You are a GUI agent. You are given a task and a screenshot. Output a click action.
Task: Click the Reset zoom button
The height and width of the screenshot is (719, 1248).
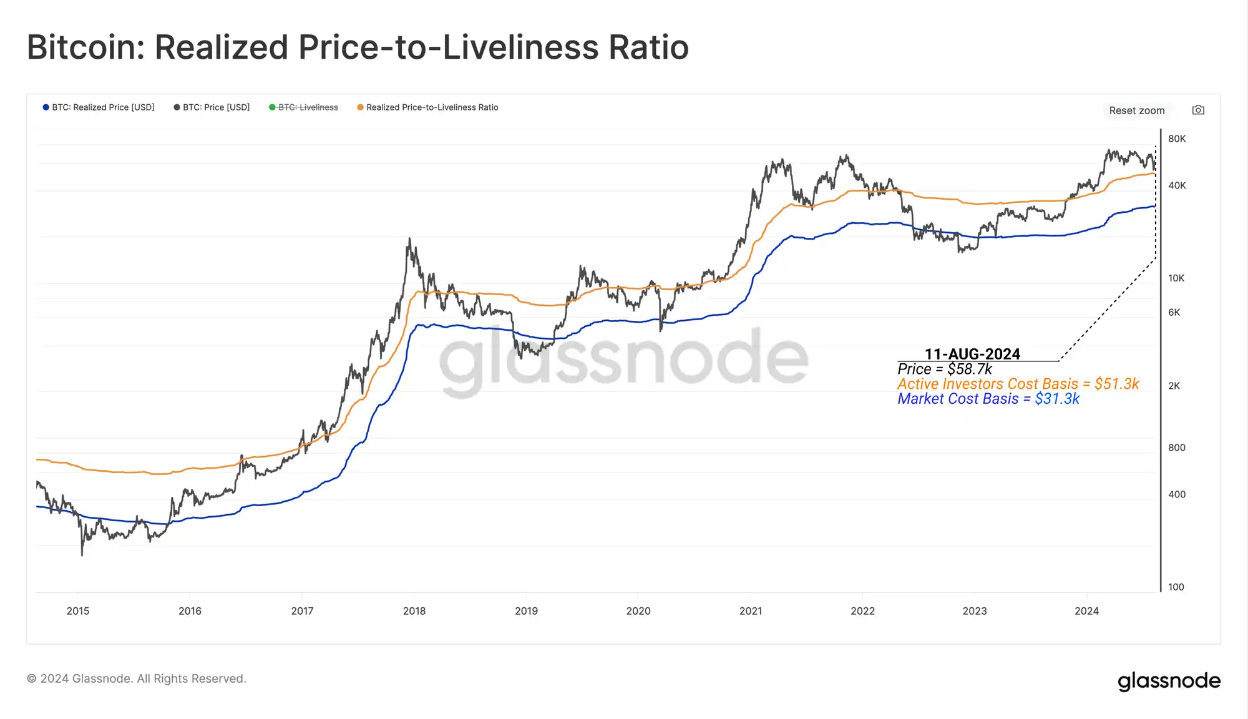pos(1136,110)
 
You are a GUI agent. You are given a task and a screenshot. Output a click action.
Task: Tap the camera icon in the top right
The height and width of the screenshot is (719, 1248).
pos(1198,110)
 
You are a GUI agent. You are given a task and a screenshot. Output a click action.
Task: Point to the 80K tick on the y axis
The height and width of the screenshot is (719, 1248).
pos(1177,139)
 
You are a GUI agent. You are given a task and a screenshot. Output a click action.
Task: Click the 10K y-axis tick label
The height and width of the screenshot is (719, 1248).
pos(1176,278)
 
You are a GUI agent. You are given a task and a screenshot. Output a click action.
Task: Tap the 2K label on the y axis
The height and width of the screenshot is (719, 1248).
pos(1174,386)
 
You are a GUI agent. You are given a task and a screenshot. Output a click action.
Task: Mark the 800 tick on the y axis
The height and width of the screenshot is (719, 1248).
pos(1176,448)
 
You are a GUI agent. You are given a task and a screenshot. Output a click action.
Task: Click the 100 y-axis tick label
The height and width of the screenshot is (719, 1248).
pos(1176,587)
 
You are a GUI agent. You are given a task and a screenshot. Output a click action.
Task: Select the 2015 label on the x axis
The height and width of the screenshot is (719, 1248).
pos(78,611)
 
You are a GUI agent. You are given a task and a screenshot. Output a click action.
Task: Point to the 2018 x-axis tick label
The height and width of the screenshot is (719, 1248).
pos(414,611)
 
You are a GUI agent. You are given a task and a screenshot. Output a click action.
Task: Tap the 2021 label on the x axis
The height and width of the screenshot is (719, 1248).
pos(751,611)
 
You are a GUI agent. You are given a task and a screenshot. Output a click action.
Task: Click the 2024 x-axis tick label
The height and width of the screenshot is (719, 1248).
pos(1086,611)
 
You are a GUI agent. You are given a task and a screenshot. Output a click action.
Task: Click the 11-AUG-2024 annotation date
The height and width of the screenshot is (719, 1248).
pos(972,354)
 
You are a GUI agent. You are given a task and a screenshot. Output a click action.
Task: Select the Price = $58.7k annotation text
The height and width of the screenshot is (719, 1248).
pos(945,369)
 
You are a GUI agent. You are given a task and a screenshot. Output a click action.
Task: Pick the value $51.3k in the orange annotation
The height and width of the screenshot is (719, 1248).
pos(1116,384)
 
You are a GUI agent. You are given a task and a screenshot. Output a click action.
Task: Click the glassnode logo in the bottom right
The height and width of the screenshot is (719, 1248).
pos(1169,680)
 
